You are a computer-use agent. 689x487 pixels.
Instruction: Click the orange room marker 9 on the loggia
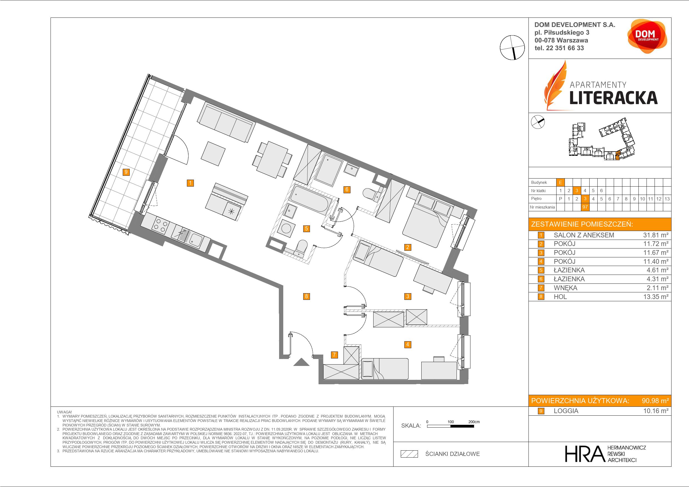(x=126, y=172)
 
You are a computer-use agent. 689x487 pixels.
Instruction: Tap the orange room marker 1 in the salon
(x=190, y=183)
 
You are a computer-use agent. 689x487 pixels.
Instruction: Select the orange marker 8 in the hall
(x=306, y=297)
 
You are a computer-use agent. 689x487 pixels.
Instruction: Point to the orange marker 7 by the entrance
(x=334, y=355)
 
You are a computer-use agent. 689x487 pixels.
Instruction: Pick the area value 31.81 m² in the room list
(x=656, y=235)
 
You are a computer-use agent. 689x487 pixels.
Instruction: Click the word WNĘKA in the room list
(x=565, y=288)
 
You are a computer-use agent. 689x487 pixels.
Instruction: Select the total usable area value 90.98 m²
(x=655, y=401)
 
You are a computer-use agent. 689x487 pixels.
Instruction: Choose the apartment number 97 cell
(x=585, y=207)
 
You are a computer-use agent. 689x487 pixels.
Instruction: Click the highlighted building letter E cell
(x=560, y=182)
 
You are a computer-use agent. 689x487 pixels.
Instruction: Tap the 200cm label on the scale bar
(x=474, y=421)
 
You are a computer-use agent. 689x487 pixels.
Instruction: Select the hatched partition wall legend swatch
(x=409, y=454)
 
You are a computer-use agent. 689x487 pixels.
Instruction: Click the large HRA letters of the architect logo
(x=584, y=454)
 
